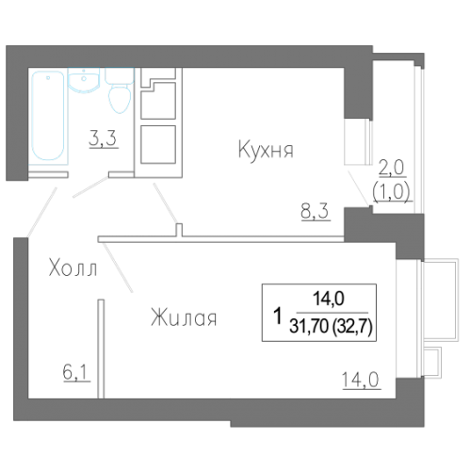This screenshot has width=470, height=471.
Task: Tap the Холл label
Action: pos(73,270)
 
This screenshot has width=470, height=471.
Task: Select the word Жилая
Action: pos(184,319)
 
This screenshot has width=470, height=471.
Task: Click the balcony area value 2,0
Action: pos(390,169)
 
